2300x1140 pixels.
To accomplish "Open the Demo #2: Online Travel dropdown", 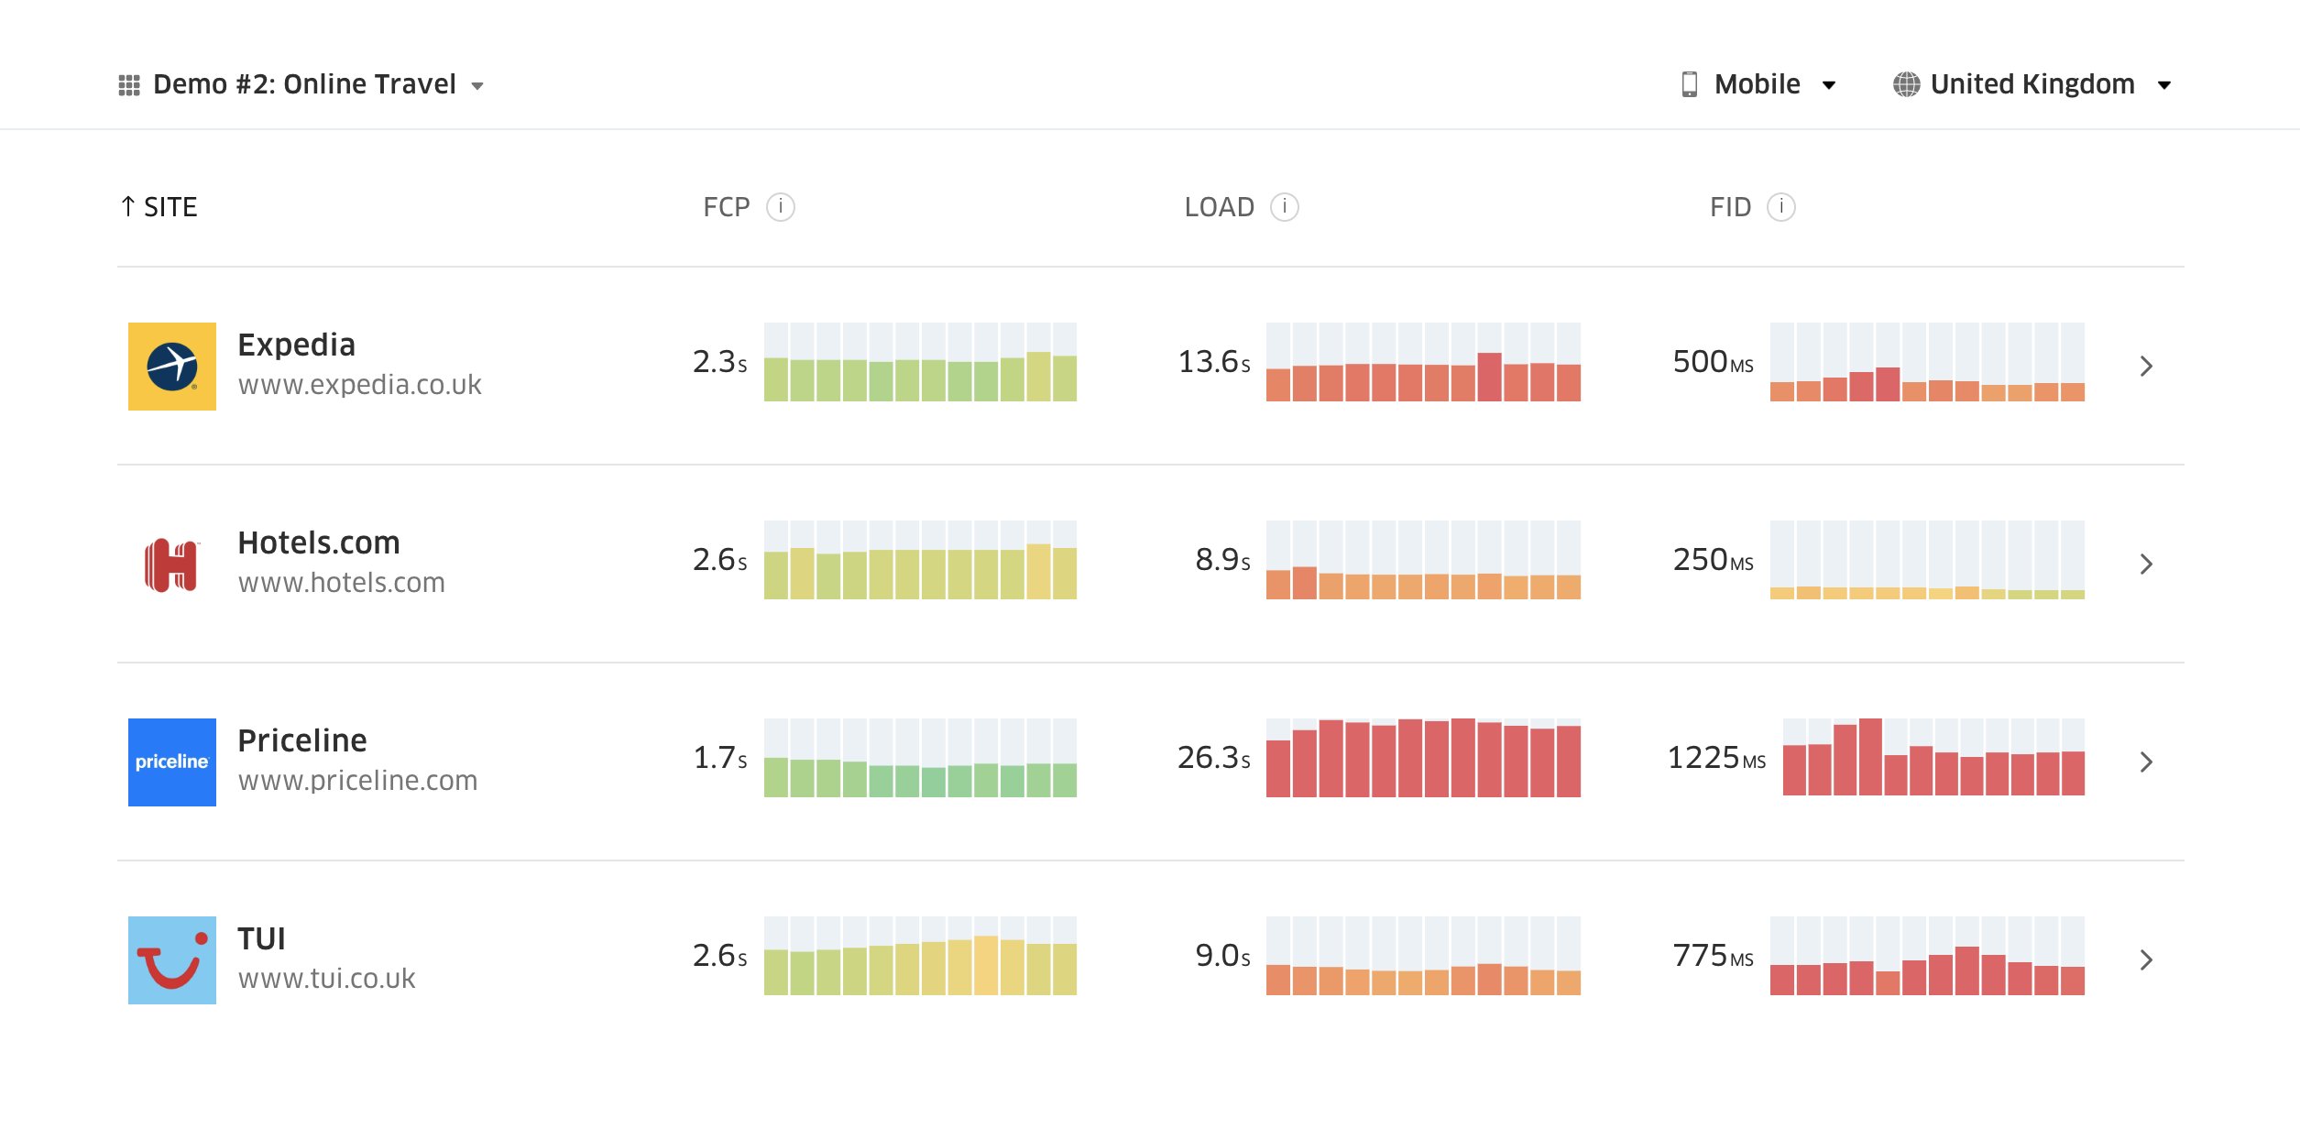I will [x=302, y=84].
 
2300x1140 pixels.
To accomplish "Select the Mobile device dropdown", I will [x=1758, y=84].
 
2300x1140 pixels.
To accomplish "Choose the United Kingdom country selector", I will [x=2032, y=84].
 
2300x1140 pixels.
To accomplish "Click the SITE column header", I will [x=159, y=207].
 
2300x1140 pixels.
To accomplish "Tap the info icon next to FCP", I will [x=780, y=207].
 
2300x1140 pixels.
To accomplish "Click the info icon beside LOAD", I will [x=1284, y=207].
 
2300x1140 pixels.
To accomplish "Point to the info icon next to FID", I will [x=1780, y=207].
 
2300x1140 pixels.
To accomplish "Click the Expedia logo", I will [x=172, y=366].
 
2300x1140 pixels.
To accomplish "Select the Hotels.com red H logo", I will [x=172, y=564].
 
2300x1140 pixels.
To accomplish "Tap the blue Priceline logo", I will [x=172, y=762].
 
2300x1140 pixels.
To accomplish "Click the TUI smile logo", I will [x=172, y=959].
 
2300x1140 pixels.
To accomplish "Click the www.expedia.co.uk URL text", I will [x=359, y=385].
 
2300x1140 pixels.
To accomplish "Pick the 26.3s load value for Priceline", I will [x=1213, y=758].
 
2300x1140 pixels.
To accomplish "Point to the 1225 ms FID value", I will [x=1715, y=758].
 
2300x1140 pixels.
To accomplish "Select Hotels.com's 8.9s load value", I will [x=1221, y=560].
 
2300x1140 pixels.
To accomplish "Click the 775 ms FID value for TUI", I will [x=1713, y=956].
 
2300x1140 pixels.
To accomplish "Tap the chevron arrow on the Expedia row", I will [x=2146, y=366].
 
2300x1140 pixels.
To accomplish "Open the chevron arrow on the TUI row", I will [x=2146, y=959].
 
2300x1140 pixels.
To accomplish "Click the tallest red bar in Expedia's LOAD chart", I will [x=1489, y=378].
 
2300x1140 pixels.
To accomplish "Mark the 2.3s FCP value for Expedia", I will [x=719, y=362].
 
